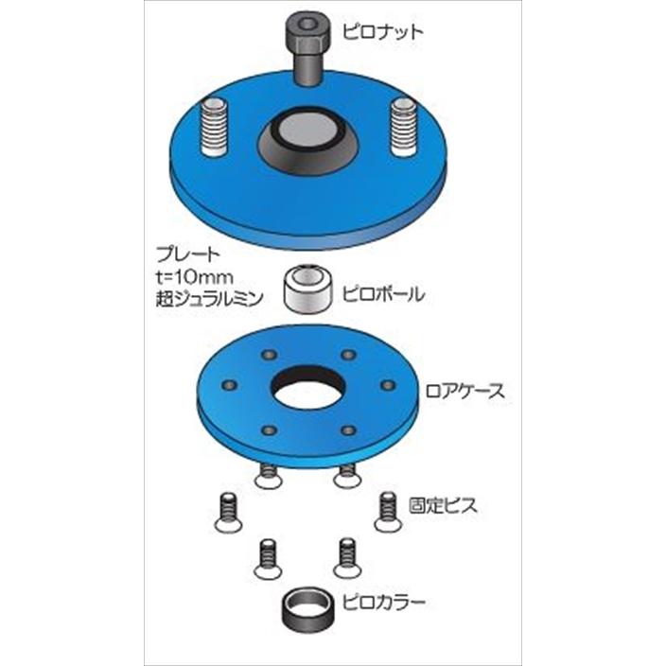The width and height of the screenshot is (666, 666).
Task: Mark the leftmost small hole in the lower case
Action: (227, 385)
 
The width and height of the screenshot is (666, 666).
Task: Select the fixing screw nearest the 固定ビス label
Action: (386, 511)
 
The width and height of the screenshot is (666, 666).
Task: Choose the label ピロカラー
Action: (384, 601)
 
